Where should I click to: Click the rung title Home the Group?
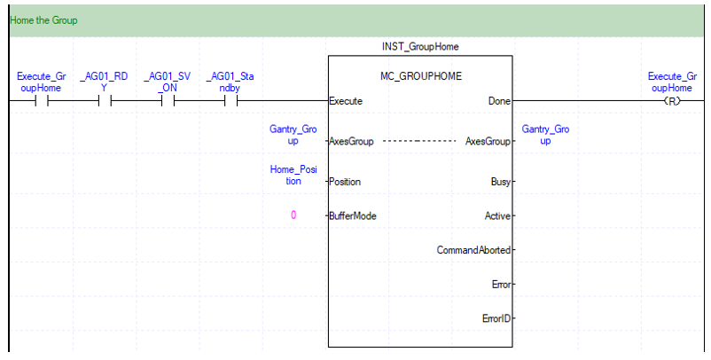tap(42, 20)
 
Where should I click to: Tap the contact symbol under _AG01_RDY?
tap(105, 100)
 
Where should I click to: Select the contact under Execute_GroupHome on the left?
tap(41, 100)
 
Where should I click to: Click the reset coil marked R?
tap(670, 100)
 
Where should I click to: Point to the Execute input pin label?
tap(347, 100)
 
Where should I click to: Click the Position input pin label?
tap(347, 181)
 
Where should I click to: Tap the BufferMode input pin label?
tap(353, 215)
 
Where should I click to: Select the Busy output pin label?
tap(499, 181)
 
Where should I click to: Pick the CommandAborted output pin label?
tap(474, 250)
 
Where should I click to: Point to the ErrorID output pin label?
tap(496, 317)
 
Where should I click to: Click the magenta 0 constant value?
tap(293, 215)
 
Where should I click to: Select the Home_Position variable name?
tap(293, 175)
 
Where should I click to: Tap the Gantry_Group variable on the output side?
tap(545, 135)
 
